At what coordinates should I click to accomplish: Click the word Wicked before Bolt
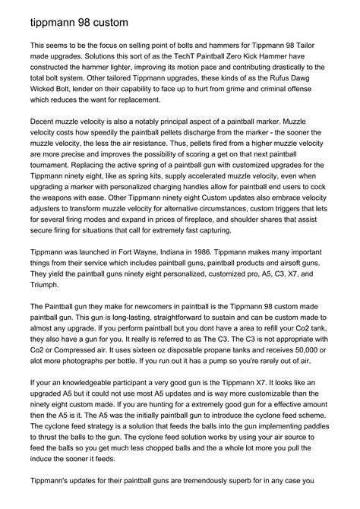click(x=43, y=100)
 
